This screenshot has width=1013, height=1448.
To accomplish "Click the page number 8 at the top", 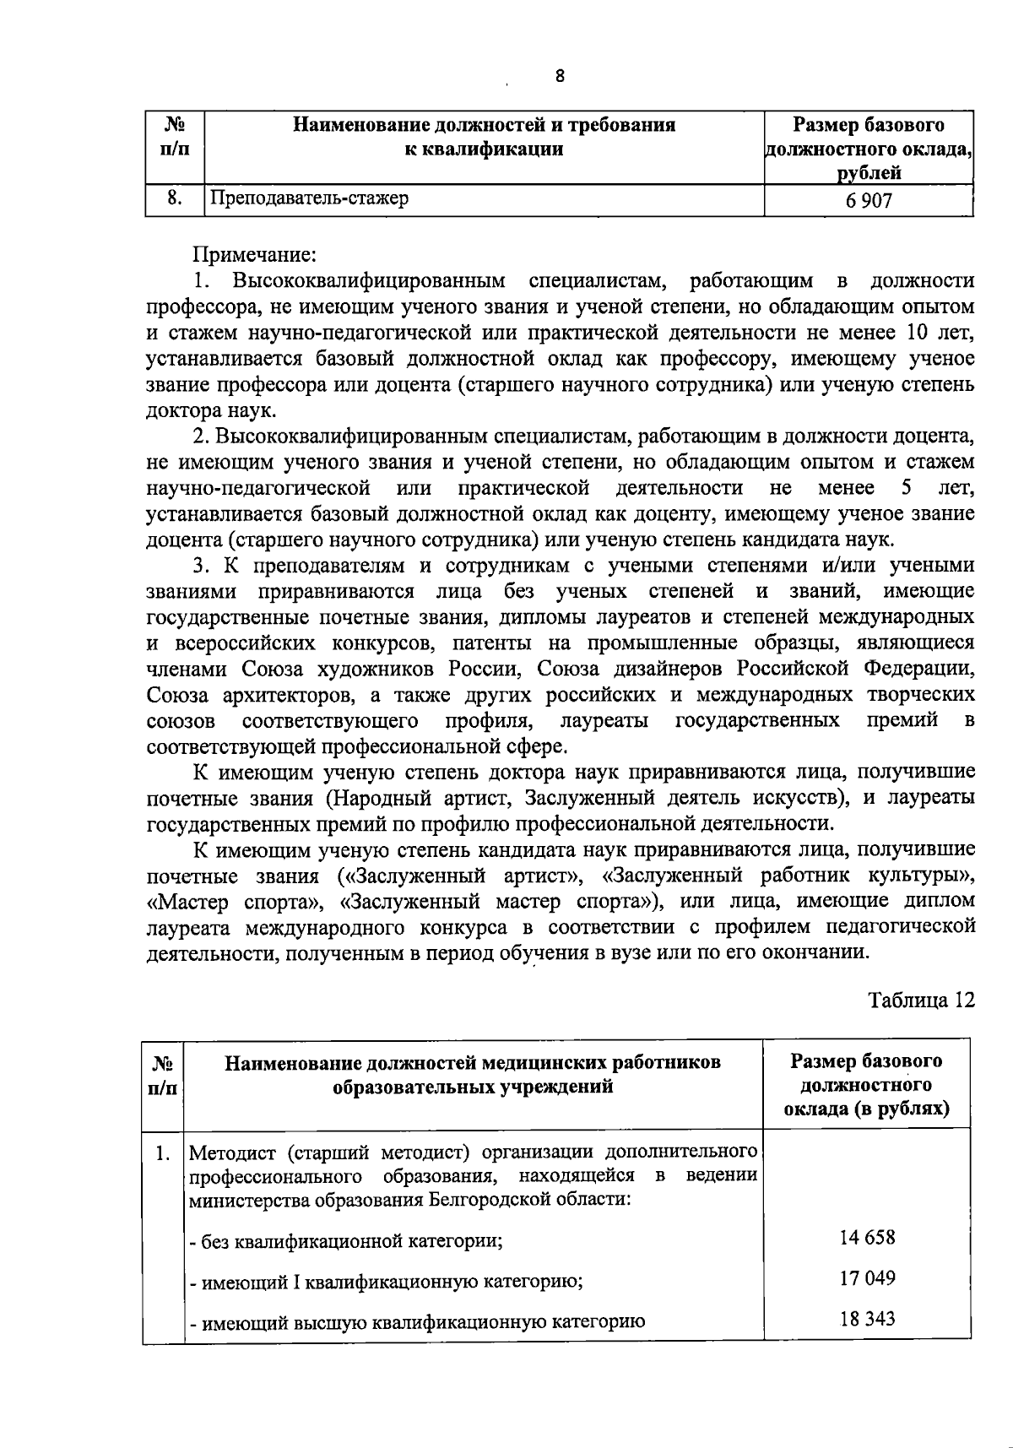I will tap(561, 77).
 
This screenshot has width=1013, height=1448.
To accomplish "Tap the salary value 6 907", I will tap(869, 200).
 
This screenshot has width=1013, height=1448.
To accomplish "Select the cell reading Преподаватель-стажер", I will tap(310, 198).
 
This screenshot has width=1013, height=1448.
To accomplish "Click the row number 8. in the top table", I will tap(175, 198).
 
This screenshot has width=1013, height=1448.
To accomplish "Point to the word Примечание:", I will tap(255, 253).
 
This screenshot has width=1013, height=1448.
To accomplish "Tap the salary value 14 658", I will tap(867, 1238).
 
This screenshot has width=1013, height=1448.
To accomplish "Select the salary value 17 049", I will tap(867, 1277).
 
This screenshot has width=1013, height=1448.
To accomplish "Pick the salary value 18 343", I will tap(867, 1318).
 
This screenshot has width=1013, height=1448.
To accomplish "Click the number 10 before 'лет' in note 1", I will tap(918, 332).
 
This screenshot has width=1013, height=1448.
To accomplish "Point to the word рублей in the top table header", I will tap(869, 174).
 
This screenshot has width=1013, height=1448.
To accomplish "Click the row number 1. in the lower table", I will tap(164, 1152).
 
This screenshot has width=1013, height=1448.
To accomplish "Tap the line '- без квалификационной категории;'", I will tap(346, 1241).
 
